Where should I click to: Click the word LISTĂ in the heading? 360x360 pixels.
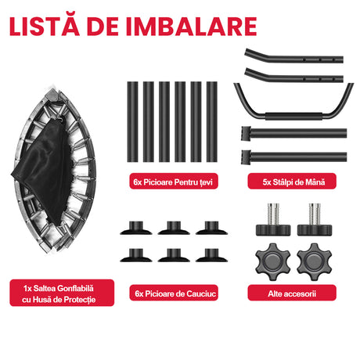pos(45,25)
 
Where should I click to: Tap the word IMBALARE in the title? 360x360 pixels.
pos(192,27)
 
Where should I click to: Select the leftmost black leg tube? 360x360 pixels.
pos(132,122)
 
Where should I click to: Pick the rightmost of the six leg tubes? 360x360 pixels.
pos(212,122)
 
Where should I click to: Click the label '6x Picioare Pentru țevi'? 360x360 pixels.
pos(174,181)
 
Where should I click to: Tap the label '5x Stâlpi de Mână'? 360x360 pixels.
pos(292,181)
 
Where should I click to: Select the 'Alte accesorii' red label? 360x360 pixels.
pos(292,293)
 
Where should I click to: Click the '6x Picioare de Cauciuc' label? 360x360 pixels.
pos(174,293)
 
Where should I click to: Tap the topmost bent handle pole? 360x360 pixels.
pos(294,57)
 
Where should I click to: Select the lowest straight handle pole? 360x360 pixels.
pos(294,157)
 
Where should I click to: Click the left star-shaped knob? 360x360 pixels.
pos(272,261)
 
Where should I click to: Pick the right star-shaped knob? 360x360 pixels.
pos(315,261)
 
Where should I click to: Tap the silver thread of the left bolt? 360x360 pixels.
pos(273,214)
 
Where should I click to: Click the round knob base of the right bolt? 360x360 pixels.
pos(315,230)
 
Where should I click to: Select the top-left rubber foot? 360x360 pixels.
pos(136,229)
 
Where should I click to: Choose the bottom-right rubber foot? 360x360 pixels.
pos(211,256)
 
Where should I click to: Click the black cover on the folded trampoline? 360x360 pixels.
pos(43,170)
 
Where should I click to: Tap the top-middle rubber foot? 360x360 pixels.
pos(174,229)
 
